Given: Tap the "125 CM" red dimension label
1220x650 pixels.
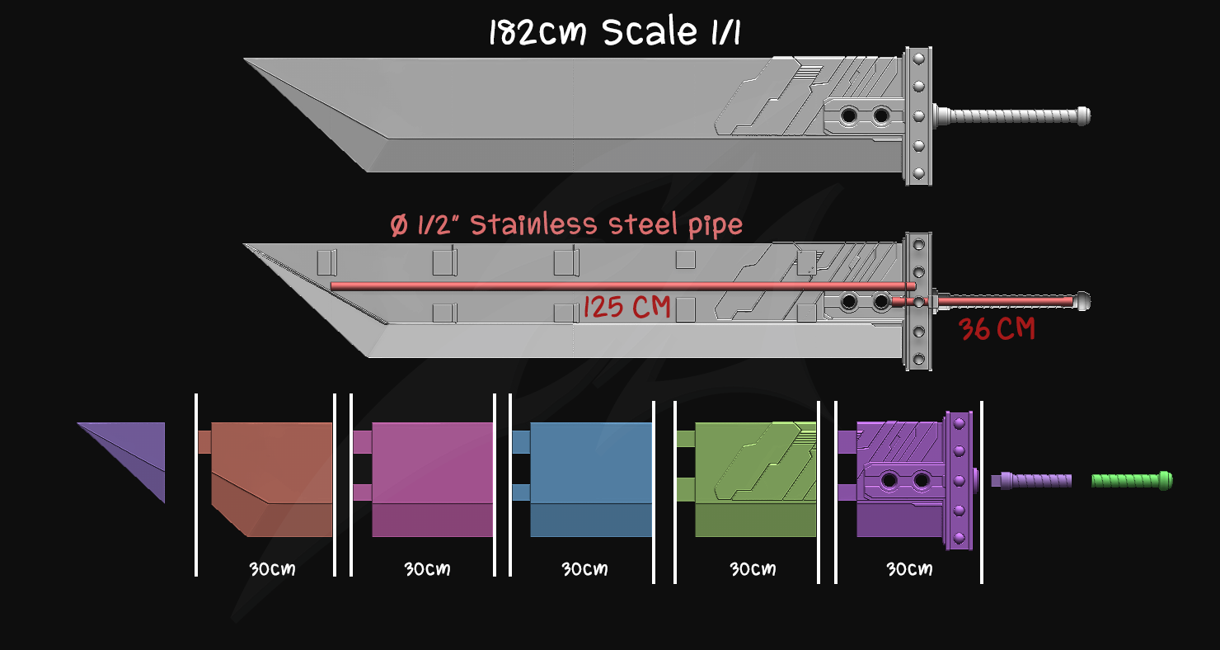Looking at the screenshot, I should [626, 309].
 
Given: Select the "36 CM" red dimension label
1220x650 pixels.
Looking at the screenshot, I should [997, 330].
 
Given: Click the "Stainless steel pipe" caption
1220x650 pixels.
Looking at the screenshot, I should [606, 224].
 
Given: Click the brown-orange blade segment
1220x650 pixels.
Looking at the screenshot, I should [272, 478].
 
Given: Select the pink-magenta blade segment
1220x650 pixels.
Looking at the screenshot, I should [432, 478].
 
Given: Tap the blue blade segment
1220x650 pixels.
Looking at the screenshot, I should [590, 478].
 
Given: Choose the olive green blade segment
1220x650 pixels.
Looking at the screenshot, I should [754, 478].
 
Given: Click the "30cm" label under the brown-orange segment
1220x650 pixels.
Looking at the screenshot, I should [272, 569].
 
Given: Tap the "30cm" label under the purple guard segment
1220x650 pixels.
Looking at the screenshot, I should [909, 569].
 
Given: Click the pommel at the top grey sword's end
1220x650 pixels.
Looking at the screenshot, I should [1083, 115].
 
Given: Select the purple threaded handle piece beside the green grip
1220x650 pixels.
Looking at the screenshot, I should [1035, 480].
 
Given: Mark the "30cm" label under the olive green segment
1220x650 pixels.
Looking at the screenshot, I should [752, 569].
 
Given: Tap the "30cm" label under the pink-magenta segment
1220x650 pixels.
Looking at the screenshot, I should [427, 569].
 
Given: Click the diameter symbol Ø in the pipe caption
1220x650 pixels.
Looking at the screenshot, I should [399, 225].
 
